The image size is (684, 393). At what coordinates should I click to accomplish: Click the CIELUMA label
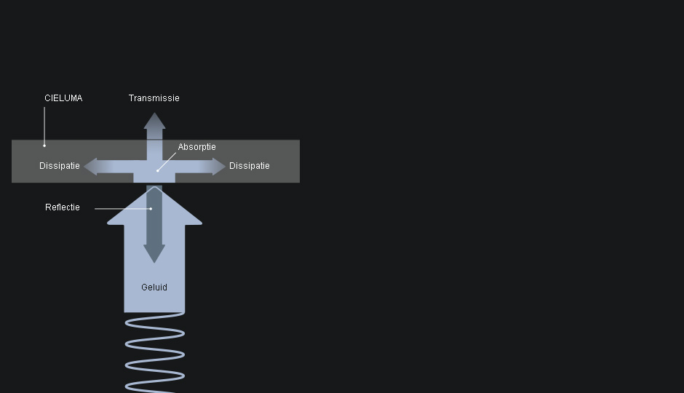63,98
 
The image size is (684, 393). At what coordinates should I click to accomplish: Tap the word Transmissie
154,98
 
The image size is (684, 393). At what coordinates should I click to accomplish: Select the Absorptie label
196,147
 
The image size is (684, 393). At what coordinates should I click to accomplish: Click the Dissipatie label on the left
60,166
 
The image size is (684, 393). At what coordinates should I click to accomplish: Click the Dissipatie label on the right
250,166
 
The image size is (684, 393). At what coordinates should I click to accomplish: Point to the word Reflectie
63,207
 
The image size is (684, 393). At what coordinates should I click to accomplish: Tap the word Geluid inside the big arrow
154,287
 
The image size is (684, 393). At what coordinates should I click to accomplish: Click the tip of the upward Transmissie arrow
154,113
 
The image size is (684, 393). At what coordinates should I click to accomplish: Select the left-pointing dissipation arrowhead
90,167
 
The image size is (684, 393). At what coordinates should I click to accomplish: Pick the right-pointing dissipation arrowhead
219,167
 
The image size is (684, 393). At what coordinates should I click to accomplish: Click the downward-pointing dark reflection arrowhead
154,254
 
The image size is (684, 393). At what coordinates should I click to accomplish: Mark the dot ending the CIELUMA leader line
44,146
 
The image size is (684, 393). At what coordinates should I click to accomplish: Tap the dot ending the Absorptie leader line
157,170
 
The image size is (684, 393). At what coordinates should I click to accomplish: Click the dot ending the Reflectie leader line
151,209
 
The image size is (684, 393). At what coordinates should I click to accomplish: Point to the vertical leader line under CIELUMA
44,127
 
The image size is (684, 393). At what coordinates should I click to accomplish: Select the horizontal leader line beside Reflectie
122,209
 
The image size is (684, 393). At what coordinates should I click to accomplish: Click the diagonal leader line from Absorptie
167,162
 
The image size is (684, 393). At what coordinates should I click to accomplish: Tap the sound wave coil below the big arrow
154,353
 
